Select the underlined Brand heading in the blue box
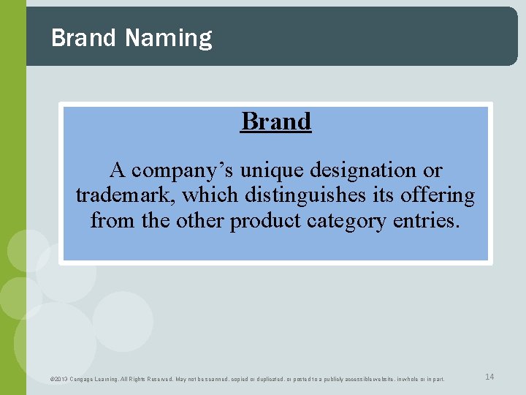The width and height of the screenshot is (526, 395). pos(276,121)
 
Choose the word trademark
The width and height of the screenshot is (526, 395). pos(125,195)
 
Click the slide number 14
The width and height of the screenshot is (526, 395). pos(489,377)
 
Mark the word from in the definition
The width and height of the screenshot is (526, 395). pos(107,220)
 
